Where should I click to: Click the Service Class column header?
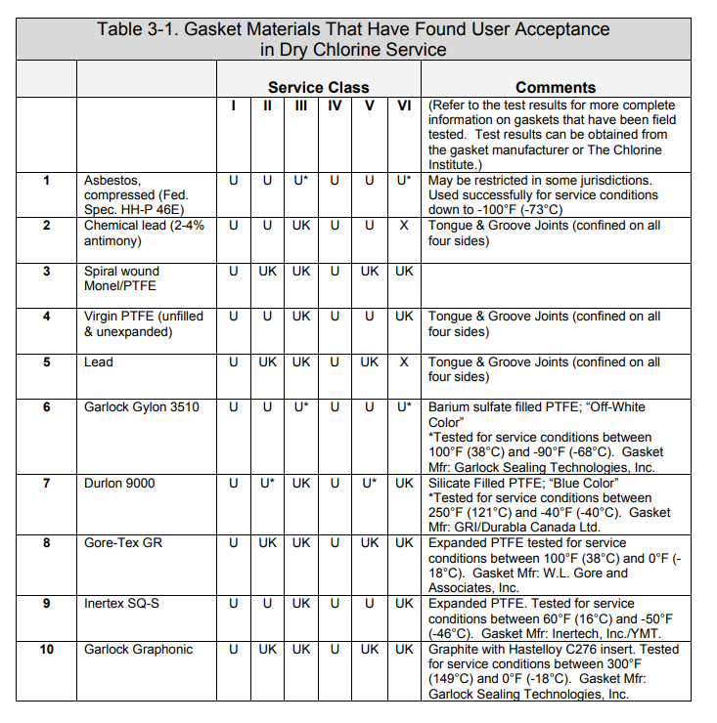pos(318,87)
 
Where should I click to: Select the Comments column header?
pos(555,87)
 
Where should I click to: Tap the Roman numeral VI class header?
pos(404,105)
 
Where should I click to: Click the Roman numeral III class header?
pos(301,105)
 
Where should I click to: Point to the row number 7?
pos(46,483)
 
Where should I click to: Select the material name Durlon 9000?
pos(119,483)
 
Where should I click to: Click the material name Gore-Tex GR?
pos(123,542)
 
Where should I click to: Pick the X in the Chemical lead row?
pos(404,225)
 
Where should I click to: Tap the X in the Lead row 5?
pos(404,361)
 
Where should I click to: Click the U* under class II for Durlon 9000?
pos(268,483)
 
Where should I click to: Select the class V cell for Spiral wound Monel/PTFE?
pos(370,271)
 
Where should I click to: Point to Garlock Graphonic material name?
pos(138,649)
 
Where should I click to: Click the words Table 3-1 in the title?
pos(135,29)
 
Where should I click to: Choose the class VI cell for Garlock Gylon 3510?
pos(404,406)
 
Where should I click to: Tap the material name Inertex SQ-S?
pos(121,603)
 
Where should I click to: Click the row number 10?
pos(46,649)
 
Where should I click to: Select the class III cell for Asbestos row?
pos(301,180)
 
